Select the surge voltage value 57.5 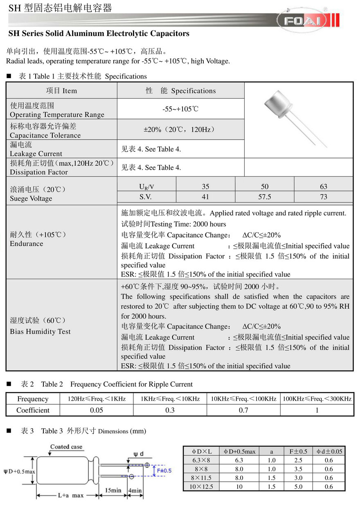(x=264, y=197)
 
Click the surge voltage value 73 (x=323, y=197)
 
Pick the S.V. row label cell (x=146, y=197)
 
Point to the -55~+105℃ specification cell (x=180, y=109)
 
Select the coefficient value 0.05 (x=97, y=410)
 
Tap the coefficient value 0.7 (x=243, y=410)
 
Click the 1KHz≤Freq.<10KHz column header (x=170, y=399)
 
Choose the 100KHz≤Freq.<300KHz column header (x=317, y=399)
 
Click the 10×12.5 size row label (x=202, y=487)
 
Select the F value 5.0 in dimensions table (x=298, y=487)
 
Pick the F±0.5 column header (x=298, y=451)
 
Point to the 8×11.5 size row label (x=202, y=478)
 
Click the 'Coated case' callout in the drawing (x=66, y=446)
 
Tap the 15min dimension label (x=113, y=490)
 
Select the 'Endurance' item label (x=27, y=244)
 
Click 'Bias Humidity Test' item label (x=40, y=331)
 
